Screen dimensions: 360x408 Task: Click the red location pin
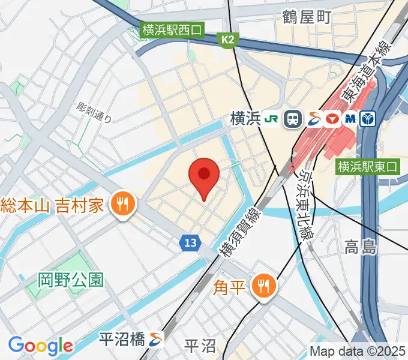tap(204, 176)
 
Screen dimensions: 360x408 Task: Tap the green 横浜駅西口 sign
tap(173, 29)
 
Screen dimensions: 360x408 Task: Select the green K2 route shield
tap(227, 40)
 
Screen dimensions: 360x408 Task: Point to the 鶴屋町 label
tap(307, 17)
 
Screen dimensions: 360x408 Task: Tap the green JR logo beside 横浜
tap(271, 119)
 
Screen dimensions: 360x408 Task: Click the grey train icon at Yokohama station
tap(293, 119)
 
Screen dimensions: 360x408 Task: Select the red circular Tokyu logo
tap(332, 119)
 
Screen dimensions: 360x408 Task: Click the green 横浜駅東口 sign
tap(368, 166)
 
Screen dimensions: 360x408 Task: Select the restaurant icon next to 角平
tap(263, 287)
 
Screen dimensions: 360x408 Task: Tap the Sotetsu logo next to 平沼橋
tap(156, 339)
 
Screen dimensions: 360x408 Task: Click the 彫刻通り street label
tap(95, 112)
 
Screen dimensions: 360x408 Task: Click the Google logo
tap(40, 346)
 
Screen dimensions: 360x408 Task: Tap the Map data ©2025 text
tap(357, 351)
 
